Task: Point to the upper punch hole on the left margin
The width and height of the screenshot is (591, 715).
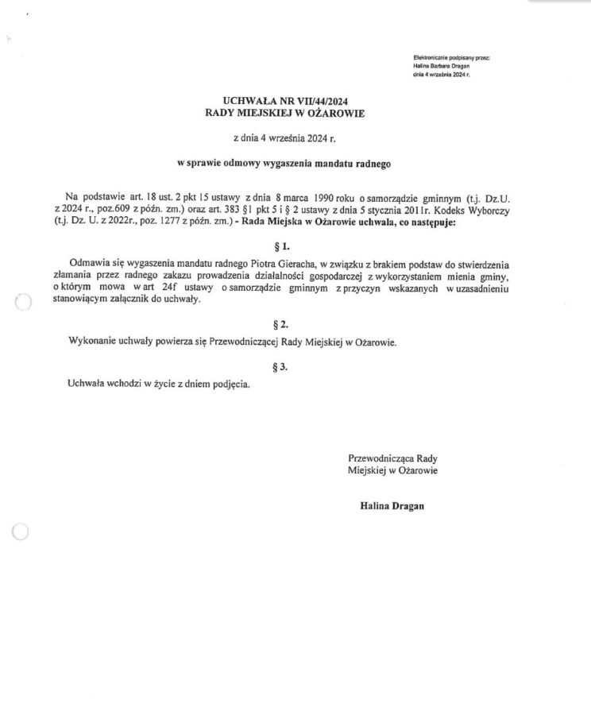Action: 22,301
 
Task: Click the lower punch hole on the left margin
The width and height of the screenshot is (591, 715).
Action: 21,533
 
